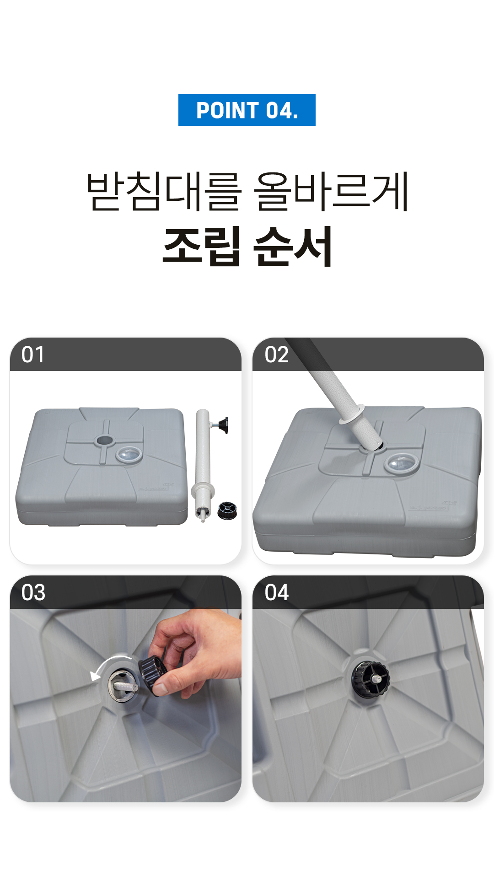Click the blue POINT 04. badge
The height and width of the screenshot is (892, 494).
tap(247, 110)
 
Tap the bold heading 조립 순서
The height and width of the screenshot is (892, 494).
tap(247, 246)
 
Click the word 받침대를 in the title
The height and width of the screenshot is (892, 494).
tap(163, 191)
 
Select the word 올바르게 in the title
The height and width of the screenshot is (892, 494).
tap(331, 191)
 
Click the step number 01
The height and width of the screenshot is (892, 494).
tap(33, 355)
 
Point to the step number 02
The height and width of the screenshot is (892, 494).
tap(276, 355)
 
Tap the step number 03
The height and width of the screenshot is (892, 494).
tap(33, 593)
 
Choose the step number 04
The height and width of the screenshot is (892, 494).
tap(277, 593)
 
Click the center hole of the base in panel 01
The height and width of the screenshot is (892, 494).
tap(104, 441)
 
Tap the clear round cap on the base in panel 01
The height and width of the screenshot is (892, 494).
tap(129, 454)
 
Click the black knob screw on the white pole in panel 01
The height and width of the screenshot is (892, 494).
tap(220, 425)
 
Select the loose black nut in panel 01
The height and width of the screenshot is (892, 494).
tap(227, 510)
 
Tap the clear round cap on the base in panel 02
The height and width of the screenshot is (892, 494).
tap(401, 463)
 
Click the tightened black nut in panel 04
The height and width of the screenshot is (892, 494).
tap(370, 679)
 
